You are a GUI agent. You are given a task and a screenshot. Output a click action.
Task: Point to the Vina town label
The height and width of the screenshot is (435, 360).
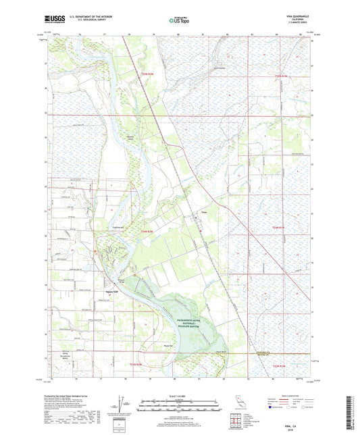203,212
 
